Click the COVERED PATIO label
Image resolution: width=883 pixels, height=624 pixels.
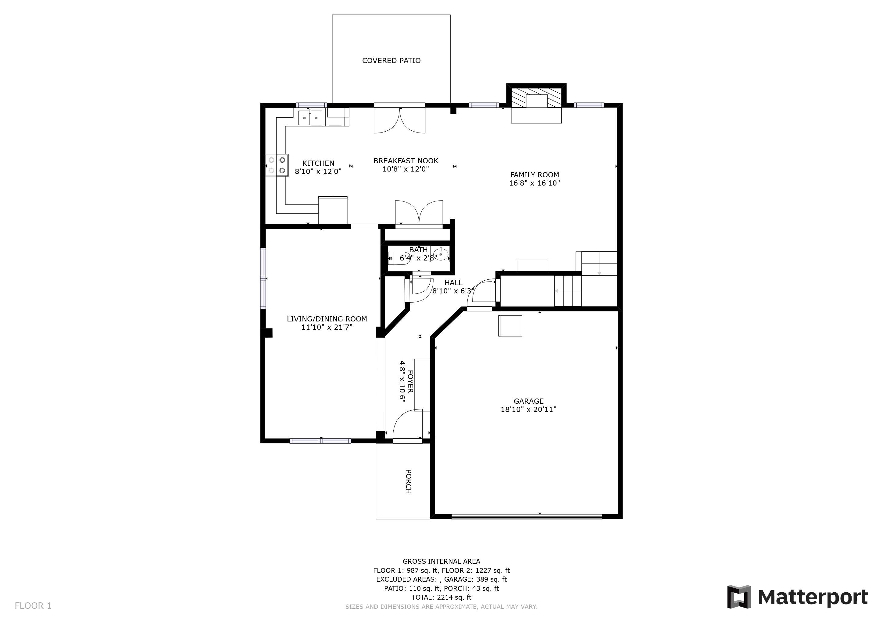click(391, 61)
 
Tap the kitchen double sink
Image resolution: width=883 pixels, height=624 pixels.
click(310, 118)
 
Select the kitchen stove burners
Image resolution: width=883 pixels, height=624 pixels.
click(277, 165)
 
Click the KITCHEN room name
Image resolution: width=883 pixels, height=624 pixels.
click(318, 163)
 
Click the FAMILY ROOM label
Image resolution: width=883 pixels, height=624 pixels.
click(534, 175)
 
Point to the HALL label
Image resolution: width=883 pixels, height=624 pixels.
click(453, 283)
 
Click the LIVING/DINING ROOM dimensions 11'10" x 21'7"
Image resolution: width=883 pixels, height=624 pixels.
click(327, 327)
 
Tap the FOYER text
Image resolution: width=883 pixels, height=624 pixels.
click(410, 381)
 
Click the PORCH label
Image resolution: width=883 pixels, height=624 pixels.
click(409, 481)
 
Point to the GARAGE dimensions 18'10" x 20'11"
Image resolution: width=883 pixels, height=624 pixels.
click(528, 409)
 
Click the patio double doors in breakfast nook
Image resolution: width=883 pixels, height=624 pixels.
click(400, 119)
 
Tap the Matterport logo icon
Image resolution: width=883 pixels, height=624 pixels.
click(739, 597)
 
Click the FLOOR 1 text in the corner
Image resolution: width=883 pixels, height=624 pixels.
click(33, 606)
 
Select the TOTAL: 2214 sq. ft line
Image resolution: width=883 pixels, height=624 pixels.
click(441, 597)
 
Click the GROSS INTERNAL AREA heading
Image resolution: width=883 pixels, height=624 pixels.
click(441, 561)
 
